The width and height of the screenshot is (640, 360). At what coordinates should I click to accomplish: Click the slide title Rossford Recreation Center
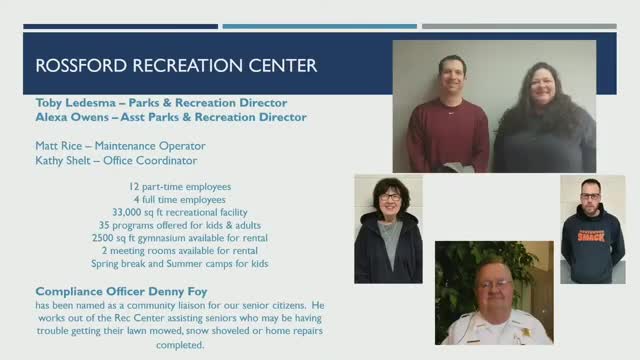176,66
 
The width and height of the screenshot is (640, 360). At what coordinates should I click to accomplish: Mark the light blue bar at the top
319,26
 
